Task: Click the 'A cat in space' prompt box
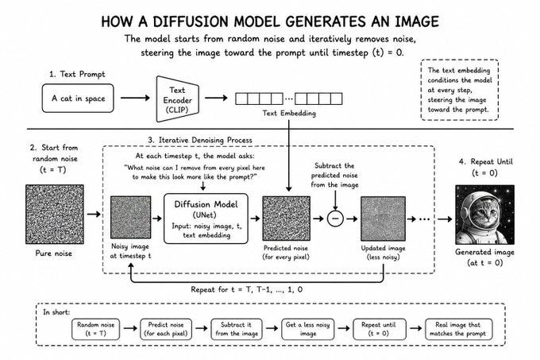tap(78, 99)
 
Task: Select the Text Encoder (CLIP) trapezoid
tap(178, 99)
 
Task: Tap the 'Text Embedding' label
tap(289, 113)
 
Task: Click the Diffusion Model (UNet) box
tap(206, 219)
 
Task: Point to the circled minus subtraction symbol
tap(335, 219)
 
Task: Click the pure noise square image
tap(55, 215)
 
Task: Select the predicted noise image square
tap(286, 219)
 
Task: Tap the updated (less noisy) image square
tap(383, 219)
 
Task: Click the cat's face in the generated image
tap(481, 210)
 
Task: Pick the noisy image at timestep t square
tap(130, 218)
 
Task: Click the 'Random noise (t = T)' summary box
tap(96, 329)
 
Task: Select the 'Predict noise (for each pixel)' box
tap(166, 329)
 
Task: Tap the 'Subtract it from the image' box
tap(237, 329)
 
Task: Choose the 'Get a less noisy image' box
tap(308, 329)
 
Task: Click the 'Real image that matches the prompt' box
tap(458, 329)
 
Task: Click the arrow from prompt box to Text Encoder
tap(135, 98)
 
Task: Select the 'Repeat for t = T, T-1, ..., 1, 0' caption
tap(247, 289)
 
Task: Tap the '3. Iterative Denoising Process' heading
tap(200, 140)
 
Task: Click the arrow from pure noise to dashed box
tap(94, 215)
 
